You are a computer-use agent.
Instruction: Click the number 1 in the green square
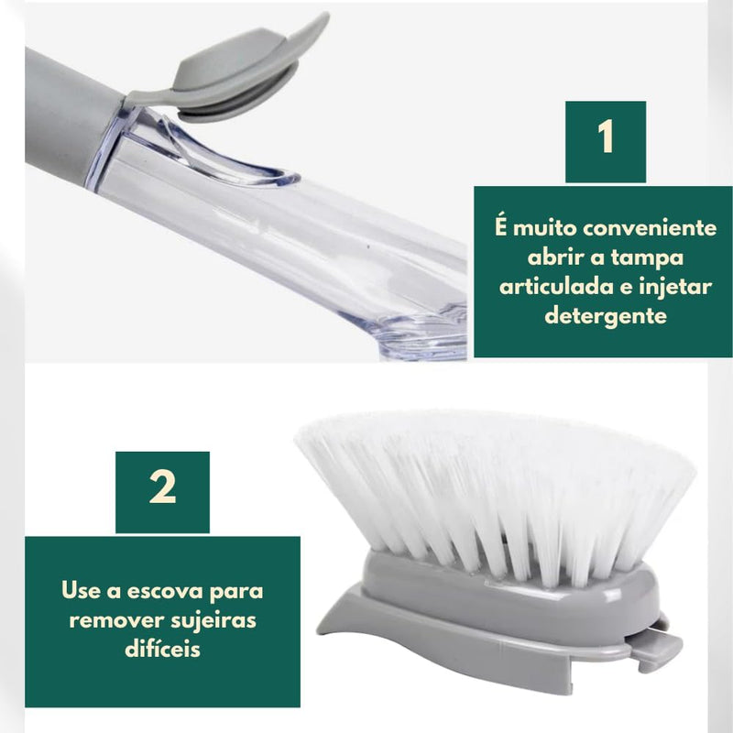[x=605, y=140]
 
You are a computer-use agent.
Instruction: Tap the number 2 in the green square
[x=162, y=490]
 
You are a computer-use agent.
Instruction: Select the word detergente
[x=604, y=316]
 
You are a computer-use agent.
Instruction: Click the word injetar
[x=678, y=287]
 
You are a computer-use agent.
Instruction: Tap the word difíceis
[x=161, y=649]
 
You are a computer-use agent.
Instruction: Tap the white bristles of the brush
[x=495, y=486]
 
